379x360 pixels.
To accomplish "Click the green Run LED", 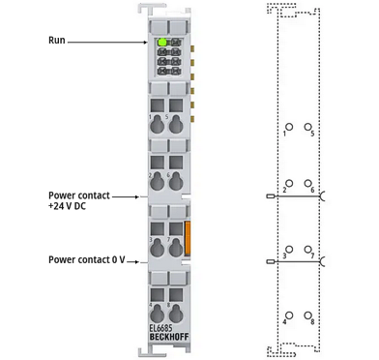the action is point(162,42).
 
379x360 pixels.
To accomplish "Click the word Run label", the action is point(57,41).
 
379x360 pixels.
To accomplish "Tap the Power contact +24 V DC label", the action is point(79,200).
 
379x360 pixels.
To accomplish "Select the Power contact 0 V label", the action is point(86,259).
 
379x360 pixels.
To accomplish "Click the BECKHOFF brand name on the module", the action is point(169,338).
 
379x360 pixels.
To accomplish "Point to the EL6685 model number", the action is point(160,328).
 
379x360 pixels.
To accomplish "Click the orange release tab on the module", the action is point(188,238).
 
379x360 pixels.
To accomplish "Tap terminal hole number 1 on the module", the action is point(158,124).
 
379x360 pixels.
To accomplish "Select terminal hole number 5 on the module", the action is point(176,124).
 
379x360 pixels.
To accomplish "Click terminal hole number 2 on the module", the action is point(158,181).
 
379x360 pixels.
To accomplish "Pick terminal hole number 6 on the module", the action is point(176,181).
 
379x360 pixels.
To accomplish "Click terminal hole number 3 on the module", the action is point(158,248).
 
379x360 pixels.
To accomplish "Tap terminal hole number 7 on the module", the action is point(176,248).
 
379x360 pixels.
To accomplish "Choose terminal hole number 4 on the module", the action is point(158,313).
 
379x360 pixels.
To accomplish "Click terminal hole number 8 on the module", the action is point(176,313).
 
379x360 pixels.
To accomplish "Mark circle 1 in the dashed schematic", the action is point(289,127).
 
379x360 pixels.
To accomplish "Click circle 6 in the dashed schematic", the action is point(307,183).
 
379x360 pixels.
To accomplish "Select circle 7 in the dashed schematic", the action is point(307,250).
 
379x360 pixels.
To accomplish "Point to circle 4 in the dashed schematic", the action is point(289,315).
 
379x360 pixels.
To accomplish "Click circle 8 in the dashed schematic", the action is point(307,315).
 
